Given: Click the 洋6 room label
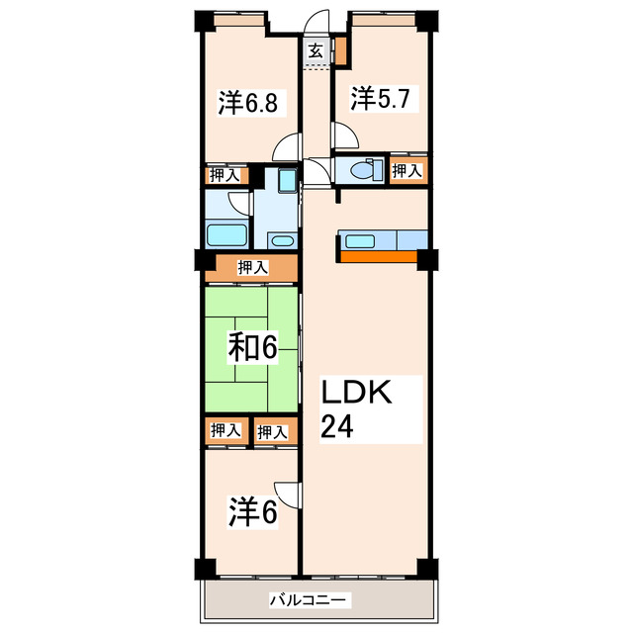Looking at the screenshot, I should coord(252,513).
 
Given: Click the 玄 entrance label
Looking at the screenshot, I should coord(315,51).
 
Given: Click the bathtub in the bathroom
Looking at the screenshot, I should coord(226,235).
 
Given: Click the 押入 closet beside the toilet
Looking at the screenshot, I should coord(407,170).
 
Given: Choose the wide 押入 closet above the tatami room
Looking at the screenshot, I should coord(251,267).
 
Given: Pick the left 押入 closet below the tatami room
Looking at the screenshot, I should coord(225,430).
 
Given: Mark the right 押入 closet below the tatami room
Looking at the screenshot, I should coord(272,431).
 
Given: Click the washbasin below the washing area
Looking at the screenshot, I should coord(282,240).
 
